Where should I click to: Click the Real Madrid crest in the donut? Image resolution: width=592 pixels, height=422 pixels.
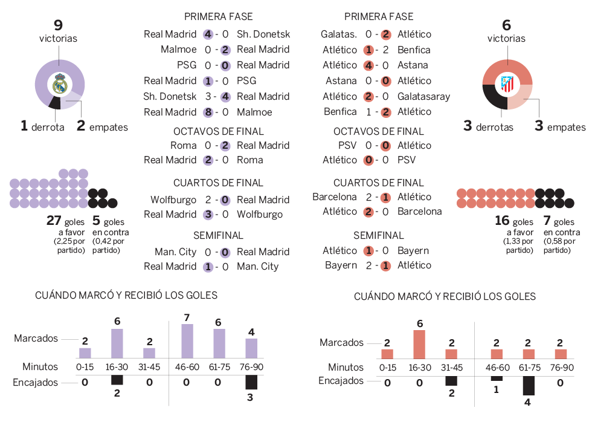59,85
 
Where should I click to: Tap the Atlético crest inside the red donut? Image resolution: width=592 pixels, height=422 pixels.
507,85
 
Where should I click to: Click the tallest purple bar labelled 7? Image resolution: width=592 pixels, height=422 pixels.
187,342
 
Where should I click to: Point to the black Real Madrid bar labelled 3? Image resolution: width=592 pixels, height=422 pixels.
251,382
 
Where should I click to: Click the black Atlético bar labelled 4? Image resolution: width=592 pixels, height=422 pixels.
529,385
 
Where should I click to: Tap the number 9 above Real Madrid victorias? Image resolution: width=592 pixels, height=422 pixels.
58,25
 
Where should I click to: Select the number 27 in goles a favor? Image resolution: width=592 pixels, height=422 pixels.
54,221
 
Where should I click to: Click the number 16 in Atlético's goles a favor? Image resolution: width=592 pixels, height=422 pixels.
503,221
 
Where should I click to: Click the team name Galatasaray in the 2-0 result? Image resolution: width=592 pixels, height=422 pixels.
423,96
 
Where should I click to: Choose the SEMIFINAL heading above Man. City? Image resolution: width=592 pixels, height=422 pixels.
218,235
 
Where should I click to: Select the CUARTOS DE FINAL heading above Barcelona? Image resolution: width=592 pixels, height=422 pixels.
379,183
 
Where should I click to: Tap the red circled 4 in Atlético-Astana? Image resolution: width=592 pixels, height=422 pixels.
368,65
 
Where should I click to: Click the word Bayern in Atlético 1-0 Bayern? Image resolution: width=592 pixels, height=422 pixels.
413,250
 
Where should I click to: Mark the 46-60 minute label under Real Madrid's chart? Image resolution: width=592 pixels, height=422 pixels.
187,366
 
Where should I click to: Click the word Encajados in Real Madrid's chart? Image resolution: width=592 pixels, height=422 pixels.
36,382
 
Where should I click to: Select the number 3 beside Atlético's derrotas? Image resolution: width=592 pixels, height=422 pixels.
468,126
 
